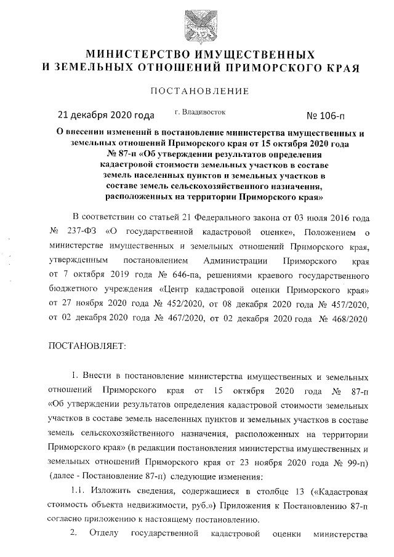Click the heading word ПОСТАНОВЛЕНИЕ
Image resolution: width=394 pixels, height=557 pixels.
pyautogui.click(x=197, y=92)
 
